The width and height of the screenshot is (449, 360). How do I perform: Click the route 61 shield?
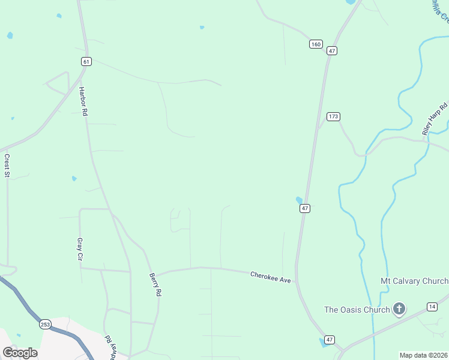pyautogui.click(x=86, y=61)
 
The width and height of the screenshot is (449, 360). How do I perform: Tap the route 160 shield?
pyautogui.click(x=316, y=44)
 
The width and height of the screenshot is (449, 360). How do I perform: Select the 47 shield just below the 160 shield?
pyautogui.click(x=331, y=52)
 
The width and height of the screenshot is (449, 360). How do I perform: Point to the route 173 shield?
pyautogui.click(x=334, y=116)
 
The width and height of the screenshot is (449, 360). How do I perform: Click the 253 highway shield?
pyautogui.click(x=46, y=324)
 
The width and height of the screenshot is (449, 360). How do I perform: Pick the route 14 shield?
pyautogui.click(x=432, y=307)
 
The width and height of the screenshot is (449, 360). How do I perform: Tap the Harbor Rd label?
pyautogui.click(x=83, y=101)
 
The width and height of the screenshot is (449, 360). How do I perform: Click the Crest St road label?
pyautogui.click(x=8, y=166)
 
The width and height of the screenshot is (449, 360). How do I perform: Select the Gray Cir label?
pyautogui.click(x=79, y=250)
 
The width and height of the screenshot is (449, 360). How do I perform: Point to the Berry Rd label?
pyautogui.click(x=155, y=284)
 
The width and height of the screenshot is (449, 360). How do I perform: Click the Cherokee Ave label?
pyautogui.click(x=270, y=277)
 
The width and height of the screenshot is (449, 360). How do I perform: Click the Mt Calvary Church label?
pyautogui.click(x=414, y=281)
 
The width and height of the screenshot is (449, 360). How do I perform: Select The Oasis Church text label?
pyautogui.click(x=357, y=310)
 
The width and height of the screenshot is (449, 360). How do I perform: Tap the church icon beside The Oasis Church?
pyautogui.click(x=399, y=310)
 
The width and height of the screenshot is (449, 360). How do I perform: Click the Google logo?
pyautogui.click(x=20, y=353)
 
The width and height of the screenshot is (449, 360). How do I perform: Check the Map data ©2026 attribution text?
pyautogui.click(x=423, y=355)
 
